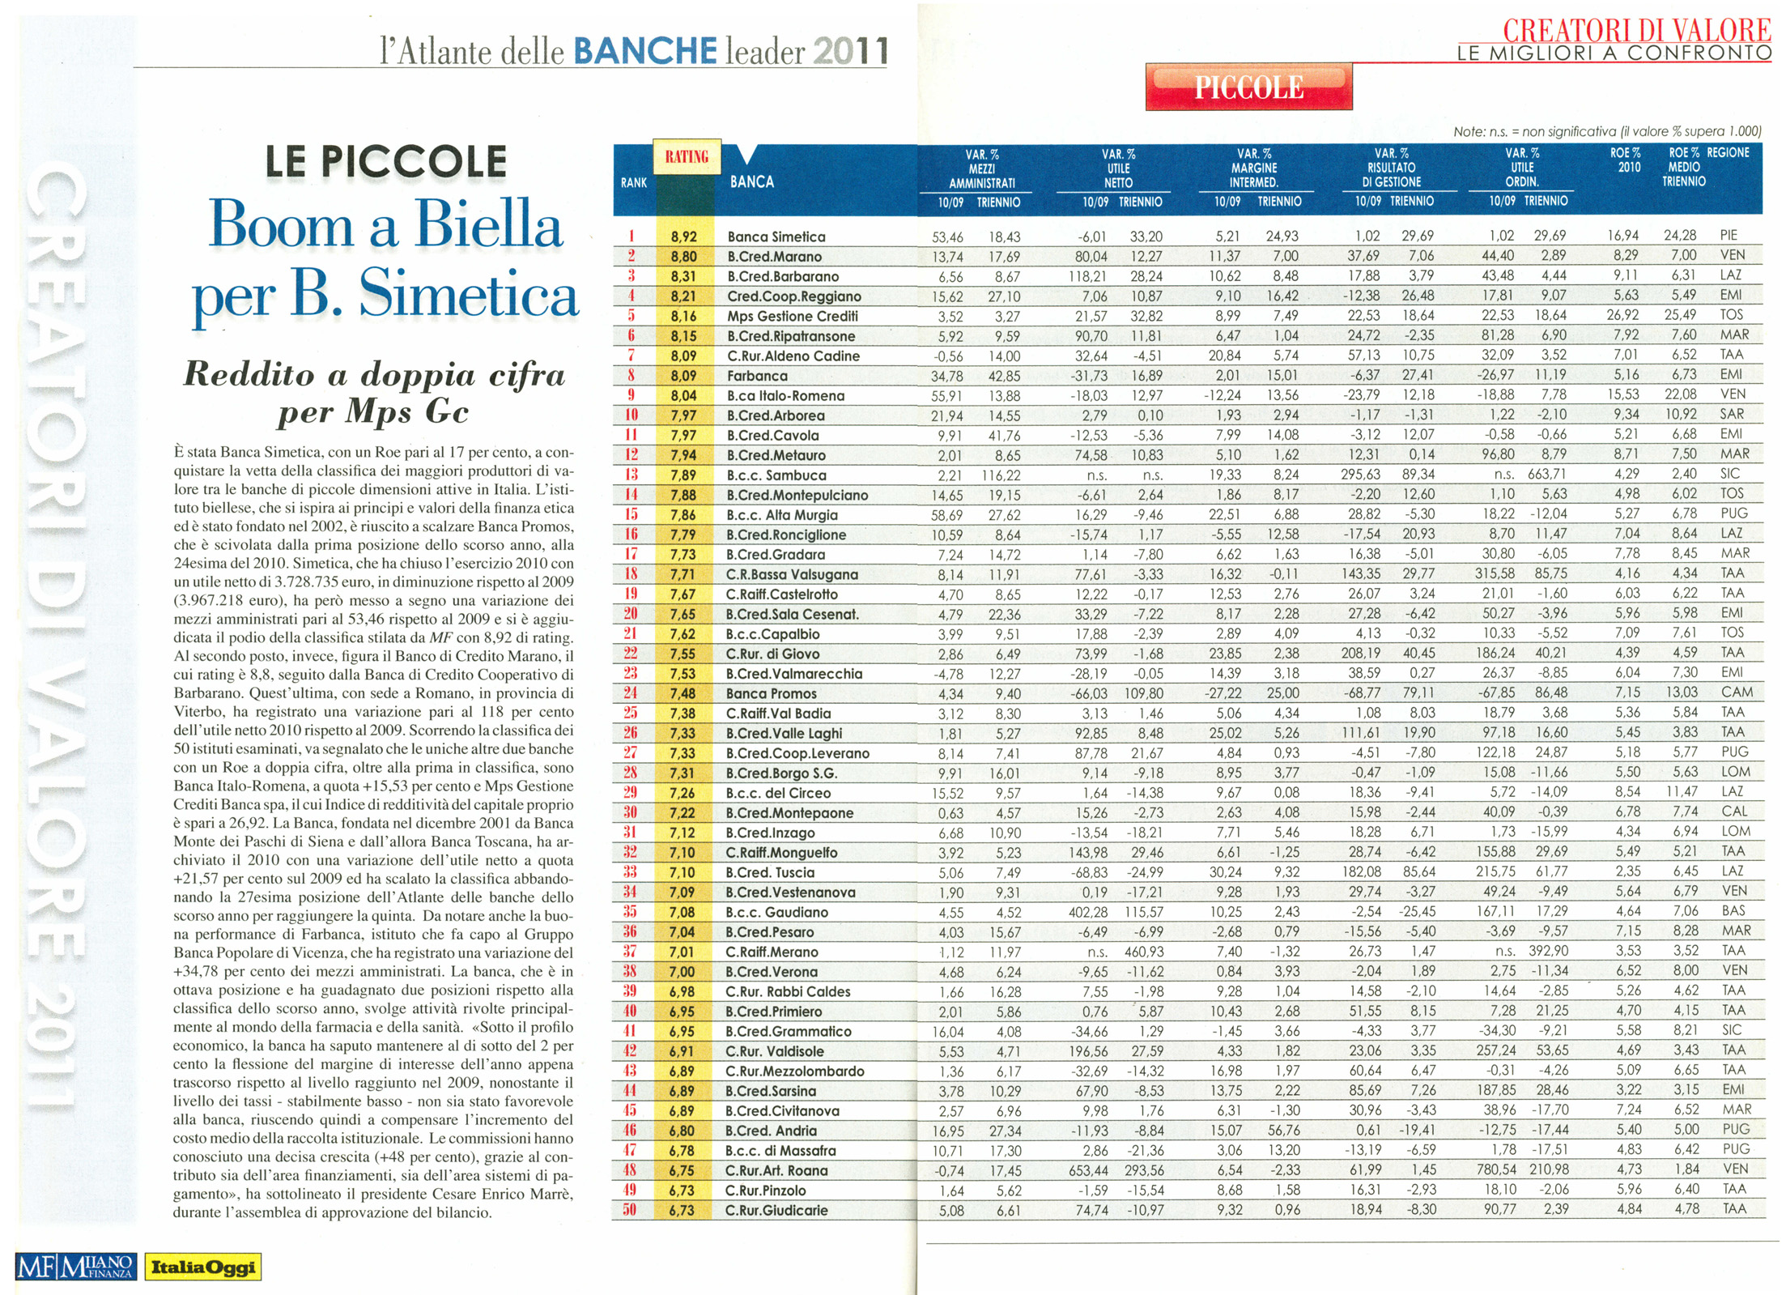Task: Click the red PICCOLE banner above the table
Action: [1248, 87]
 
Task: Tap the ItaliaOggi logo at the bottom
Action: [202, 1267]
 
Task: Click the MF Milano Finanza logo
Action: [74, 1267]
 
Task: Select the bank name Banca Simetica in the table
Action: [776, 236]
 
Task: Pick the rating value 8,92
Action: [683, 236]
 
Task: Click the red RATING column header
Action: [687, 156]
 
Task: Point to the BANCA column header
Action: [751, 181]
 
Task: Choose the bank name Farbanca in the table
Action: [756, 376]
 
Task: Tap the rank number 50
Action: [630, 1210]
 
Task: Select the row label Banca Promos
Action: [771, 693]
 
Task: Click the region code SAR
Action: [1732, 414]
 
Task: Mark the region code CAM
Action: [1736, 692]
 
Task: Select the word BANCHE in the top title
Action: [645, 51]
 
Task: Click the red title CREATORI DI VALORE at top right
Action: [1636, 30]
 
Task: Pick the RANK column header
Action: [633, 183]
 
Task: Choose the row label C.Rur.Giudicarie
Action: [776, 1210]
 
